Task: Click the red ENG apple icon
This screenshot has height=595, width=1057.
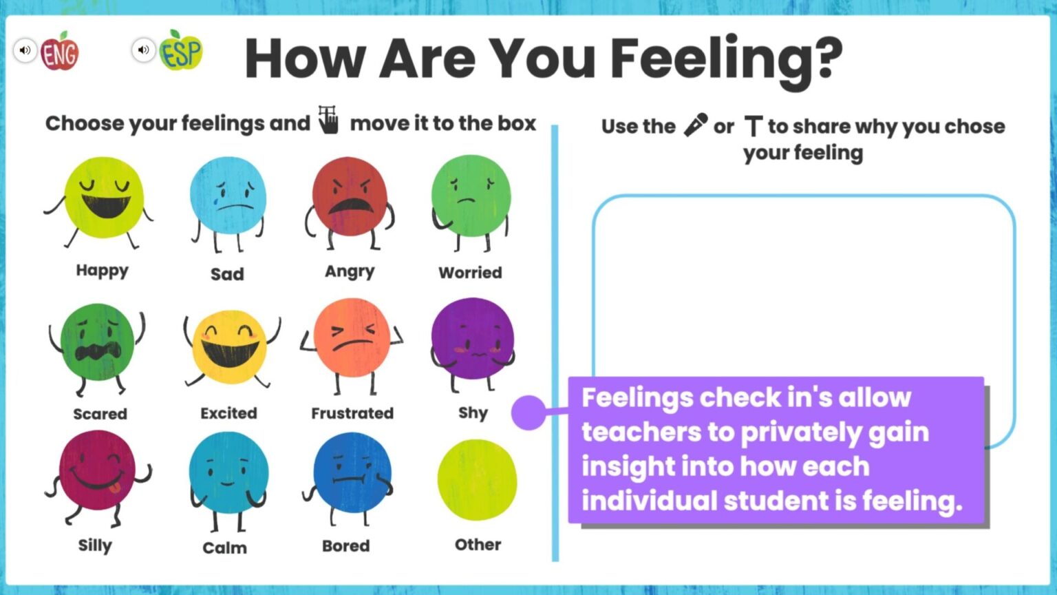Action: [60, 52]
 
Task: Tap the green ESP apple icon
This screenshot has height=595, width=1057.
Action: [181, 52]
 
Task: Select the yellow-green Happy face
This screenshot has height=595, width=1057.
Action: [104, 197]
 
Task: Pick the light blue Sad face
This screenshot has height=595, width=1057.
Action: [228, 196]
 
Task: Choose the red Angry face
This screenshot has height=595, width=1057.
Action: [350, 196]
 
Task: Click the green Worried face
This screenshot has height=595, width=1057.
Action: [471, 196]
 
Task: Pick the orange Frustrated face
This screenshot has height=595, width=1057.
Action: [352, 338]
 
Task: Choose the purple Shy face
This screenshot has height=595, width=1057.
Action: [473, 338]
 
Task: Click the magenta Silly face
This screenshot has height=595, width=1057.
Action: [97, 470]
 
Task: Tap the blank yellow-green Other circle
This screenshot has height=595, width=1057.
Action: [477, 480]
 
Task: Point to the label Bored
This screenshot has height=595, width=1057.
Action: [346, 546]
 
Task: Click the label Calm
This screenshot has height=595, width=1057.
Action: [225, 547]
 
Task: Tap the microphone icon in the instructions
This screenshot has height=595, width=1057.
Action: [695, 125]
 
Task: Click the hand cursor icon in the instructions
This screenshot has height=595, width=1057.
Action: [329, 120]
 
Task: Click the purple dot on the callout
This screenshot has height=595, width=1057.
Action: [528, 413]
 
